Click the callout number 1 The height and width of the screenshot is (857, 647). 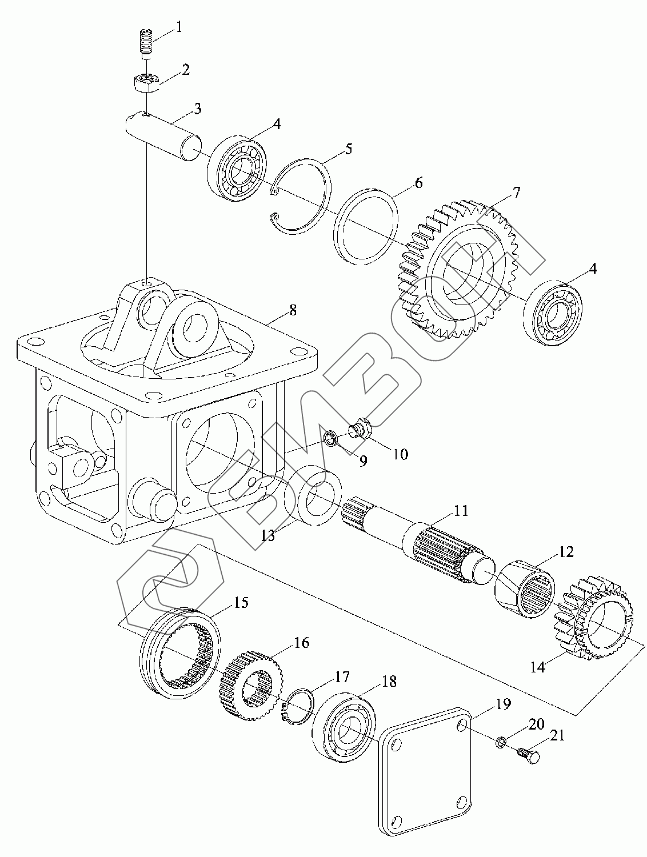[x=178, y=28]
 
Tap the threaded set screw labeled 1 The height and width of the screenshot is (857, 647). [x=146, y=43]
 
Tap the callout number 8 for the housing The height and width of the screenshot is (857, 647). [x=293, y=311]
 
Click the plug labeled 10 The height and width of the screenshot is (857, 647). [x=358, y=428]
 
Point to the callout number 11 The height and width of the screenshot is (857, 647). [x=461, y=511]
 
